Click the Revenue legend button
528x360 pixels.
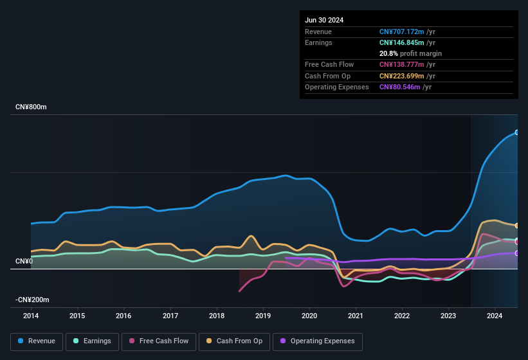(37, 341)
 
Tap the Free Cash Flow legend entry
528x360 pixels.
(159, 341)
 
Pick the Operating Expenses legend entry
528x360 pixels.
(318, 341)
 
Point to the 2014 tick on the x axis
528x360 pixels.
(31, 316)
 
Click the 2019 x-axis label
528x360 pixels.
(263, 316)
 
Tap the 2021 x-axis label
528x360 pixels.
(356, 316)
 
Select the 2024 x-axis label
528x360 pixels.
(495, 316)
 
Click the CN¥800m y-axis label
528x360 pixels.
(32, 107)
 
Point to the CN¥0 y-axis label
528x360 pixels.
(24, 261)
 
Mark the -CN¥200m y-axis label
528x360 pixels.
(33, 300)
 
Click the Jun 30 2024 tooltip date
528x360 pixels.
(324, 20)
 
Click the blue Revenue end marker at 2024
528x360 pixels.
(516, 132)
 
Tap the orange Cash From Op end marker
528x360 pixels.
(516, 226)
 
